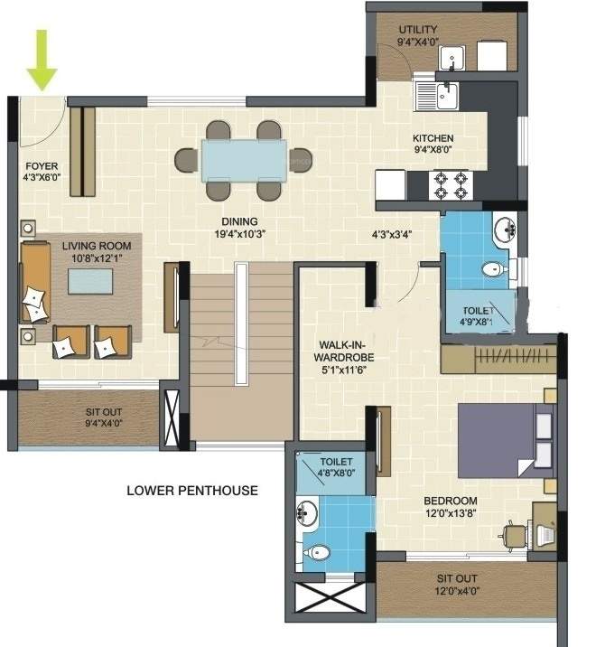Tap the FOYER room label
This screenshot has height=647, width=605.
click(x=41, y=172)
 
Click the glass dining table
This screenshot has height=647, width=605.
click(x=244, y=160)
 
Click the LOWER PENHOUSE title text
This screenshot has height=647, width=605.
click(x=191, y=491)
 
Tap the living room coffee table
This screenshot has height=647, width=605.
click(x=92, y=282)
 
